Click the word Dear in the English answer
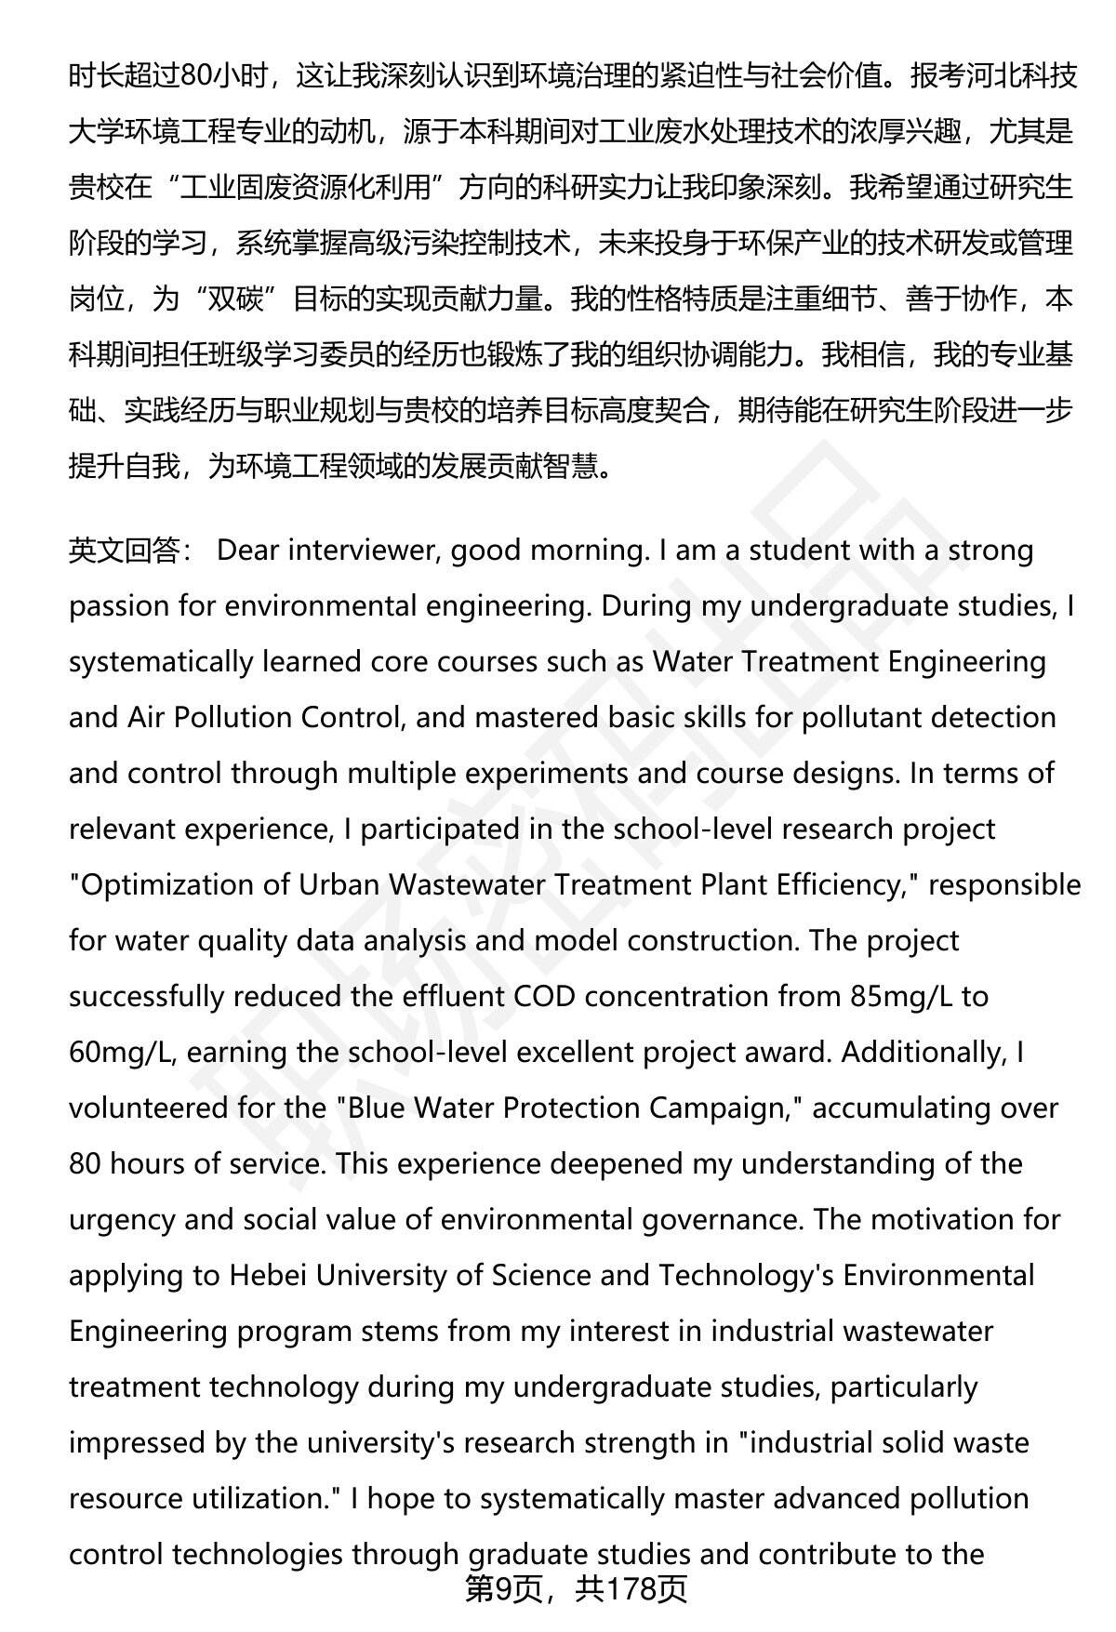tap(247, 551)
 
